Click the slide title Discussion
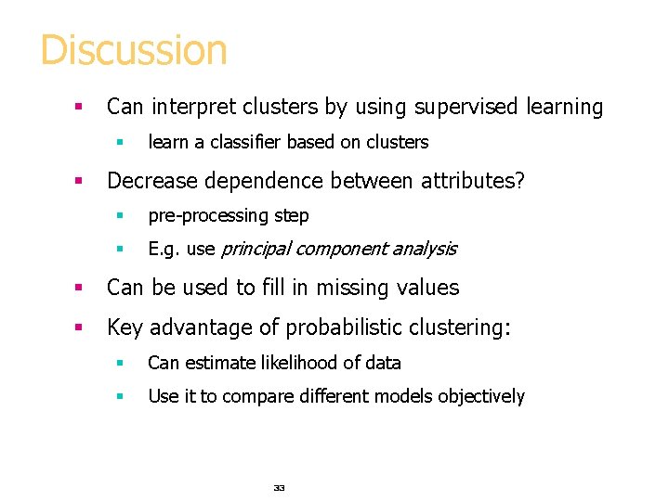(x=134, y=50)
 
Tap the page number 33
(x=279, y=487)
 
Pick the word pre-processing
(x=209, y=216)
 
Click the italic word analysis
(x=424, y=250)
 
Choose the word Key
(x=125, y=328)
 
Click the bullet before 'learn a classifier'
(x=119, y=143)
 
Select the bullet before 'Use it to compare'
(x=119, y=397)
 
